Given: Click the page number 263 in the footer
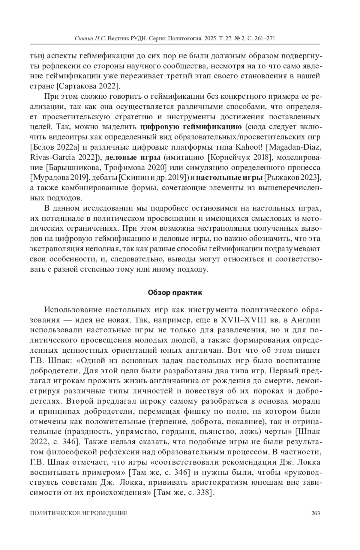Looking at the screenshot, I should [x=316, y=513].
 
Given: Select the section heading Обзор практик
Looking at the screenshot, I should [x=175, y=293].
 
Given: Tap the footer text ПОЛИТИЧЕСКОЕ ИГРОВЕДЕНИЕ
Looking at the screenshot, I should [x=79, y=513].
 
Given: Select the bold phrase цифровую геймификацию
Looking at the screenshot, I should [x=191, y=127].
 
